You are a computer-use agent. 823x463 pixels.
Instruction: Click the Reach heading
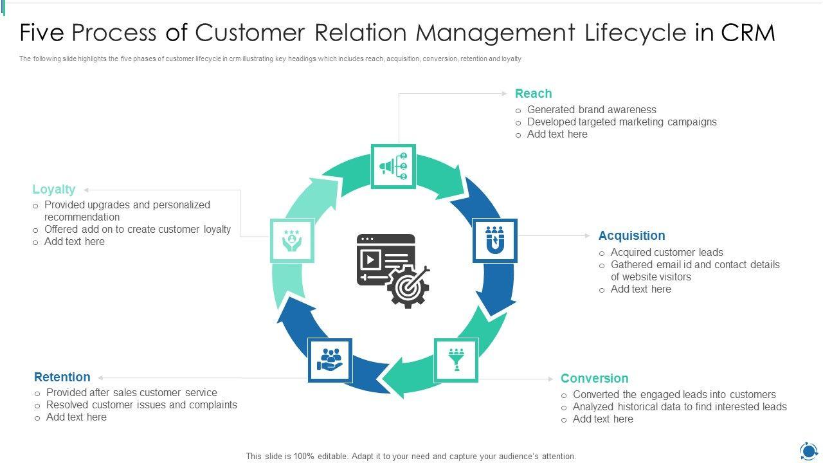coord(533,94)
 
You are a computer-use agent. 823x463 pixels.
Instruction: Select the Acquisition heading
coord(631,236)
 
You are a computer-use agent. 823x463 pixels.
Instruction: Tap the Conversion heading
coord(594,379)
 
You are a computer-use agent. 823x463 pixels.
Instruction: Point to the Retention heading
coord(62,377)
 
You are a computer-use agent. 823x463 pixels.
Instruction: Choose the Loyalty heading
coord(54,190)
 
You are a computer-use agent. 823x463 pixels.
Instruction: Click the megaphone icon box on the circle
coord(393,167)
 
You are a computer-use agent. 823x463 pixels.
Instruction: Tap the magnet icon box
coord(494,241)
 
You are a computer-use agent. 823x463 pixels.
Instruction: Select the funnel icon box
coord(456,360)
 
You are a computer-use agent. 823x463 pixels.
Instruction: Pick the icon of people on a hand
coord(330,360)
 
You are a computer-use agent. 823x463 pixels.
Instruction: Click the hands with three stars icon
coord(292,241)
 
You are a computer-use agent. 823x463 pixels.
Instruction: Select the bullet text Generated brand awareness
coord(592,110)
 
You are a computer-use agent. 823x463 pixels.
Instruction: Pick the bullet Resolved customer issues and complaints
coord(141,405)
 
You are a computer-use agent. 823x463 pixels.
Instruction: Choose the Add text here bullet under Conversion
coord(602,419)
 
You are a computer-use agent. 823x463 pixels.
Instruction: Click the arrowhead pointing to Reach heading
coord(505,94)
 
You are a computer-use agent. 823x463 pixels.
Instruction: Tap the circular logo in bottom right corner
coord(808,450)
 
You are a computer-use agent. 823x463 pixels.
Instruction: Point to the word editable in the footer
coord(329,457)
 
